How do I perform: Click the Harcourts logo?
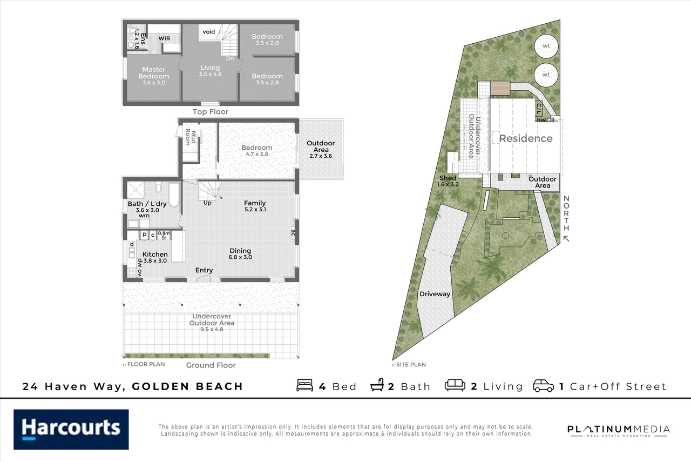click(71, 429)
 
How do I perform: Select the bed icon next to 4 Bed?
click(305, 386)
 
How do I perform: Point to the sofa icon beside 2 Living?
click(455, 386)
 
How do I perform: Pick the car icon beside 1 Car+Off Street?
click(543, 386)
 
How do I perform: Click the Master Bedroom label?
click(154, 73)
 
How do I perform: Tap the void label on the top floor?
click(209, 32)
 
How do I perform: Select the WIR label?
click(165, 39)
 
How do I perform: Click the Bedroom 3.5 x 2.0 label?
click(267, 39)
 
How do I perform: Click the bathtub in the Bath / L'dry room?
click(174, 195)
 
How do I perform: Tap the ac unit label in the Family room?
click(293, 233)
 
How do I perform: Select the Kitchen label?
click(155, 255)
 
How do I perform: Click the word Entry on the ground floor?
click(204, 270)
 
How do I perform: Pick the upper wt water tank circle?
click(546, 46)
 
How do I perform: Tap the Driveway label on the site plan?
click(435, 294)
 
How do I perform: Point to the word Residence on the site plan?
click(526, 138)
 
